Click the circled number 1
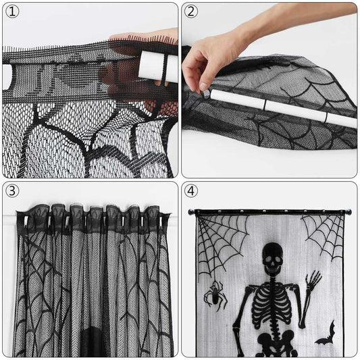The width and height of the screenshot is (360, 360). (12, 12)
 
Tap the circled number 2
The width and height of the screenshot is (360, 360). (191, 11)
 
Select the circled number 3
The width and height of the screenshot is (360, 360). (12, 191)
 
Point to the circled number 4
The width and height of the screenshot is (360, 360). (191, 191)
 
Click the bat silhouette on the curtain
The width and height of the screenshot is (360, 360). (326, 336)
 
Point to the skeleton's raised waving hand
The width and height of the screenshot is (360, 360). (313, 278)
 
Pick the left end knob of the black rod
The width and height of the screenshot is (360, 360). (191, 211)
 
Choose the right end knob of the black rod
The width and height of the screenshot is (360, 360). (349, 212)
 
